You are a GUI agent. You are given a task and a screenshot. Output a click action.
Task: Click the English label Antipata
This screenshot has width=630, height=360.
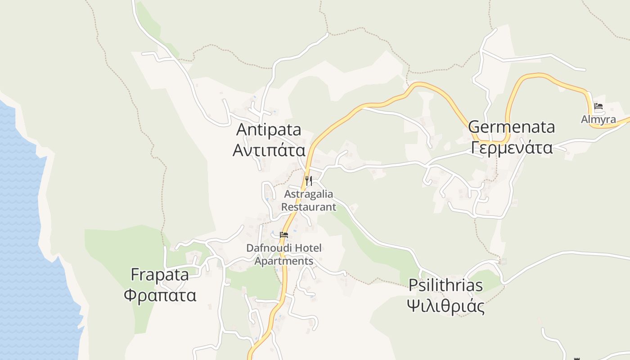coord(269,130)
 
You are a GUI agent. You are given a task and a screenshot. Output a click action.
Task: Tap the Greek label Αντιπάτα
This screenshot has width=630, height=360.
coord(269,150)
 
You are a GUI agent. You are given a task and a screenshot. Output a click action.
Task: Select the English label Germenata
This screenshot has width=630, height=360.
coord(512,127)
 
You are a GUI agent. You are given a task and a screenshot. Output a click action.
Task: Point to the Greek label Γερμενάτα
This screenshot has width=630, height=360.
coord(512,147)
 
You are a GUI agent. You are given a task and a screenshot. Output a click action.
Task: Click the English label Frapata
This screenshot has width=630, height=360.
coord(160,274)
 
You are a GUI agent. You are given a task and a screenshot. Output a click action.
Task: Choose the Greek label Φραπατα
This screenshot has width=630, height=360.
coord(160,296)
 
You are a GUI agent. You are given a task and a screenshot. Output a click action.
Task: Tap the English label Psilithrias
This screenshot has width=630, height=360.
coord(445,285)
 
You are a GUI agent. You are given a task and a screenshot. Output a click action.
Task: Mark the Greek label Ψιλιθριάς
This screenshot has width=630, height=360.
coord(445,306)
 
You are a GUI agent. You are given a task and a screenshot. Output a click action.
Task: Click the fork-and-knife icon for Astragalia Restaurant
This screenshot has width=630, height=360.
coord(309,181)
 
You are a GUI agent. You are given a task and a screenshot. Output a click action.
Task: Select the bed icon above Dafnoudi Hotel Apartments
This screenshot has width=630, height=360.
coord(284,234)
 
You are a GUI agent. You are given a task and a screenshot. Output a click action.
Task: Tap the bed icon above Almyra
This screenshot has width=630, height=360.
coord(598,107)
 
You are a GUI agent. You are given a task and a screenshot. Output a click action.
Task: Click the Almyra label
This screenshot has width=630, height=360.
coord(598,119)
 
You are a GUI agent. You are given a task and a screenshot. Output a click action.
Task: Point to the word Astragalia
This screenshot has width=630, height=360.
coord(309,194)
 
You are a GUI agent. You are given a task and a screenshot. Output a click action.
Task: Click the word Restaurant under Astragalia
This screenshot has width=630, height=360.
coord(309,207)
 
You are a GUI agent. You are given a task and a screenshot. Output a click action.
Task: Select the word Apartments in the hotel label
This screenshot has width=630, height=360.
coord(284,261)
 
